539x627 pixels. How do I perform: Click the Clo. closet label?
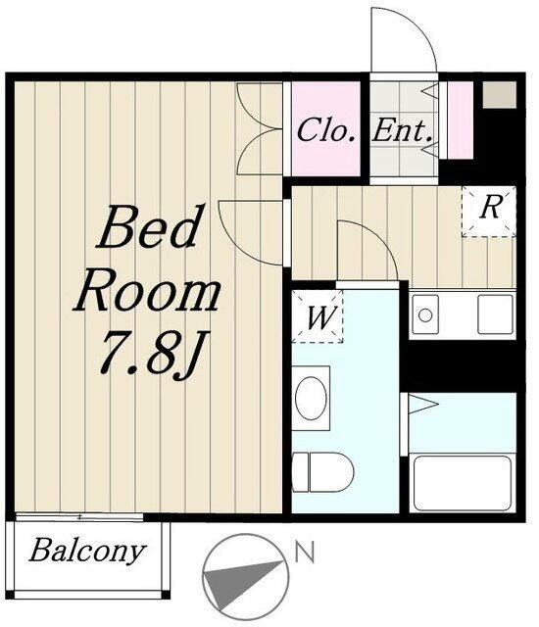326,130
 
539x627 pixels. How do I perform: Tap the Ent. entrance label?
402,130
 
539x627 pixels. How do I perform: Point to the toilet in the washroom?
322,472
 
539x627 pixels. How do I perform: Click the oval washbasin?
311,398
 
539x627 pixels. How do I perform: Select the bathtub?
463,483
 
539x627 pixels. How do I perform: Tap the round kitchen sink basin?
425,315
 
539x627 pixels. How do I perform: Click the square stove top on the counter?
495,314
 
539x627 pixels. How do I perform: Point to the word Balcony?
87,552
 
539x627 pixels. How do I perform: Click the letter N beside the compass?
305,552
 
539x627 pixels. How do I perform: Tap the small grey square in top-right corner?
499,95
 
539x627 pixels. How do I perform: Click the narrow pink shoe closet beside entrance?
460,121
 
